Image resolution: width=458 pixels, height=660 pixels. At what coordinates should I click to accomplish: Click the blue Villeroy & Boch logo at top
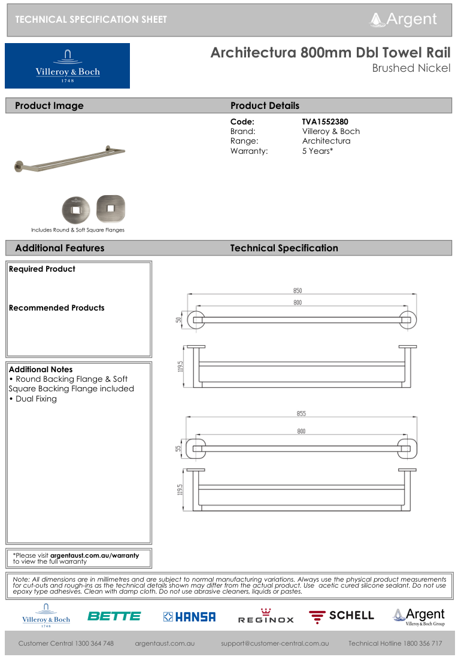[x=67, y=66]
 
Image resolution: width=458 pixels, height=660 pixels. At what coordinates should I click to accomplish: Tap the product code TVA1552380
[x=325, y=121]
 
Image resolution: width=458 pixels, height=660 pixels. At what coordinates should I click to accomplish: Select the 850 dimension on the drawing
[x=297, y=291]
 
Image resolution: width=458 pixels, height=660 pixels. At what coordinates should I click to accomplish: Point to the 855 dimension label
[x=301, y=414]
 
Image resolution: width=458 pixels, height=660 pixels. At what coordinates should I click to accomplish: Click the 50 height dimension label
[x=178, y=320]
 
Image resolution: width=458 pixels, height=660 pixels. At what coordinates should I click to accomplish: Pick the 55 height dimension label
[x=178, y=448]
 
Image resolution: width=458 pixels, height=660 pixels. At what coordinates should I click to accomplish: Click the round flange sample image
[x=77, y=209]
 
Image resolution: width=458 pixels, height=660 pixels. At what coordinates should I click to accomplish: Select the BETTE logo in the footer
[x=114, y=616]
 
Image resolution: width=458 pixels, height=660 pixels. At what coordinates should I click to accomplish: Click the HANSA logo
[x=189, y=616]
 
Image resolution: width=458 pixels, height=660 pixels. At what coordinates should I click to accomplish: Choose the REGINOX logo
[x=266, y=616]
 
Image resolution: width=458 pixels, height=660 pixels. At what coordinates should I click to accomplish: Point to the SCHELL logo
[x=342, y=616]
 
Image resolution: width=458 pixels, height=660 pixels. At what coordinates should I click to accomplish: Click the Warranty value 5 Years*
[x=317, y=151]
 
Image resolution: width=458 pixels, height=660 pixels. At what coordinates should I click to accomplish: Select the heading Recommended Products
[x=56, y=308]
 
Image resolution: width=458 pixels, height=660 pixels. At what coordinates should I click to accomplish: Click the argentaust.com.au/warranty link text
[x=94, y=555]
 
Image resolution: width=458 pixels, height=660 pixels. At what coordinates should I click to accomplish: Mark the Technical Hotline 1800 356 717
[x=395, y=643]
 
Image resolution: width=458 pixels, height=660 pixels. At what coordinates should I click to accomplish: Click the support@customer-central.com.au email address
[x=275, y=643]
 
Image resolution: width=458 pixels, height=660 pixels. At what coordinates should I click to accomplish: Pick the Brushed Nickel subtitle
[x=411, y=68]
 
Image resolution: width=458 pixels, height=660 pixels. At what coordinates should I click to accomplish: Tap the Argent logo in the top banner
[x=404, y=19]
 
